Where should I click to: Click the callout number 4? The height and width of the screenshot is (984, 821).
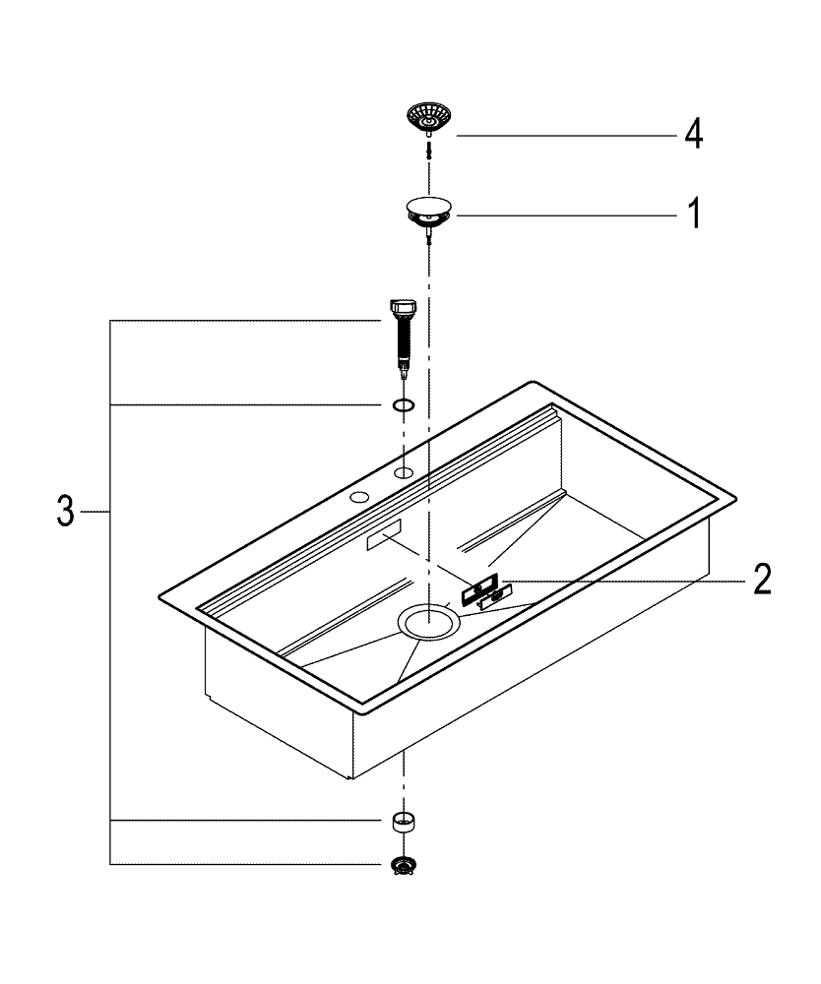tap(693, 135)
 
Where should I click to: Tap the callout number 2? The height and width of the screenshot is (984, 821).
tap(761, 580)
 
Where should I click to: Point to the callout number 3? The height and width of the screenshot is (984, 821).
tap(64, 513)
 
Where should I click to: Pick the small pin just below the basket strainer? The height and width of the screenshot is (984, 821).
tap(429, 149)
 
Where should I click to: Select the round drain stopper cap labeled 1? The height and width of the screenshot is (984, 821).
tap(429, 209)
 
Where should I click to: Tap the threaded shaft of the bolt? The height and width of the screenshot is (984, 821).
tap(403, 344)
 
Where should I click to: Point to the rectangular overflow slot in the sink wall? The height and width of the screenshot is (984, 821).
tap(382, 536)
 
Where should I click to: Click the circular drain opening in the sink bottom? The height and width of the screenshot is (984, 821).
tap(428, 622)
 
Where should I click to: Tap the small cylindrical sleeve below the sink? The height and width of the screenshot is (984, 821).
tap(403, 821)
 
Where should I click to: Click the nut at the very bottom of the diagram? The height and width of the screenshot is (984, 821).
tap(403, 864)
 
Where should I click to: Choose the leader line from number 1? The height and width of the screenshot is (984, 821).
tap(561, 214)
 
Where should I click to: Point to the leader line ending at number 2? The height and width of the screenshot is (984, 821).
tap(620, 580)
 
